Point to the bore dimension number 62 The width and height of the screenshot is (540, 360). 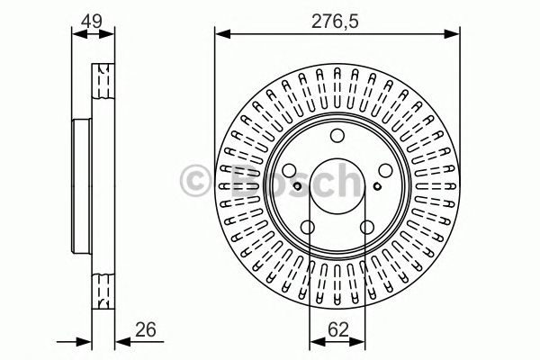click(x=337, y=330)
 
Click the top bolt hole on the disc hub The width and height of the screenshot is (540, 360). click(x=337, y=136)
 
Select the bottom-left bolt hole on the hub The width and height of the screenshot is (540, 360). click(x=306, y=228)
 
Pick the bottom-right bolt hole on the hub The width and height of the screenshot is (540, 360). click(x=366, y=228)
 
